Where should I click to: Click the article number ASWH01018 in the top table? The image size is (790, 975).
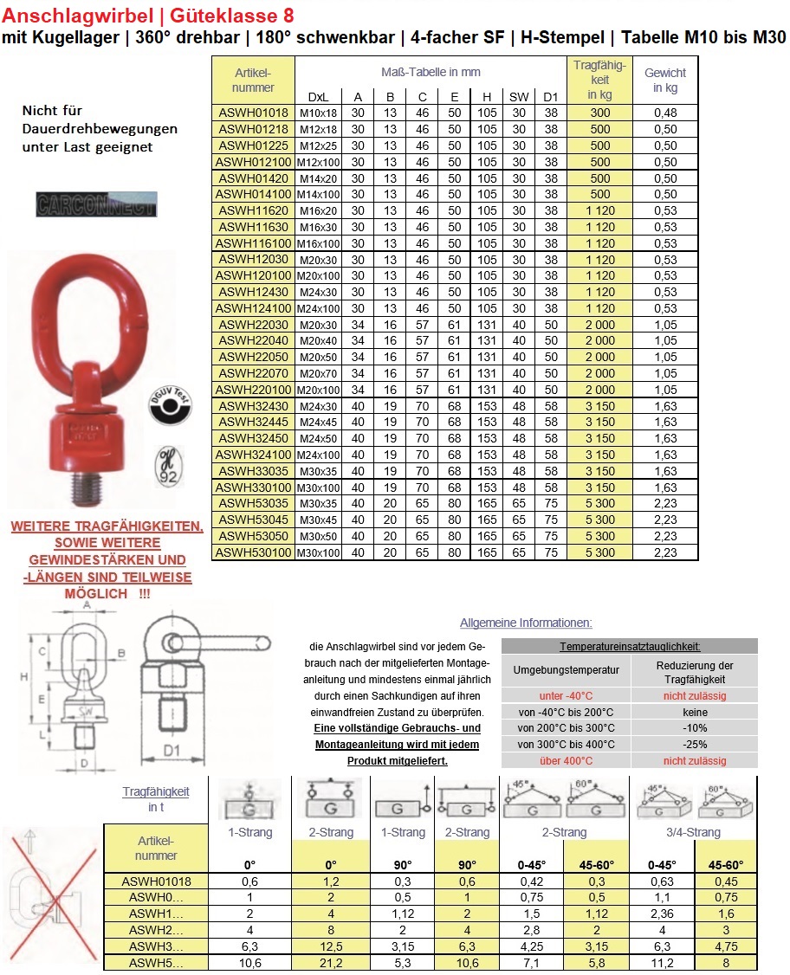pos(253,113)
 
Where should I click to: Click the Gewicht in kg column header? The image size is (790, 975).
pos(665,81)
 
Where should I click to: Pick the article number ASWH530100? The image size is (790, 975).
pos(253,552)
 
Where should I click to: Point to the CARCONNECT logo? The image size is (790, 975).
pos(96,203)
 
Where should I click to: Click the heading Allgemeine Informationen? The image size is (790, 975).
pos(526,623)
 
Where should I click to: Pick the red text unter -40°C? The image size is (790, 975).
pos(566,695)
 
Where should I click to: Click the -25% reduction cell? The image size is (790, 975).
pos(695,745)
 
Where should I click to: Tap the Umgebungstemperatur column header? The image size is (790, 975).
pos(566,671)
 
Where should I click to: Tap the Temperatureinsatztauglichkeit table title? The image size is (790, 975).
pos(630,647)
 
